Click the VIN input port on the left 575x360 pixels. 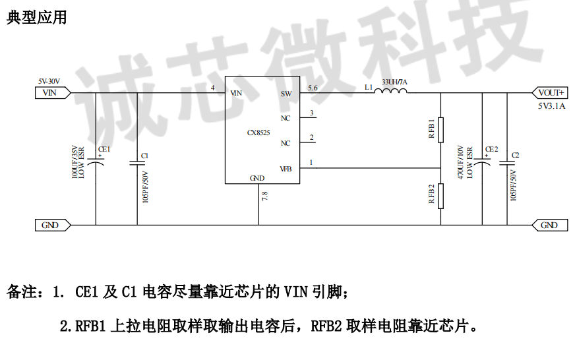coord(53,93)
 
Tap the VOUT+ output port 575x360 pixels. coord(550,93)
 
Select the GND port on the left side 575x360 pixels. coord(53,225)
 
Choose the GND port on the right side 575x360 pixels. coord(550,225)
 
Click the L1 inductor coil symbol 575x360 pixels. coord(390,90)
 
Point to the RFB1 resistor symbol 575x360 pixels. coord(440,130)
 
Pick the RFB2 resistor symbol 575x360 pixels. coord(440,196)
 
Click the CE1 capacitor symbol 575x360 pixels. coord(96,162)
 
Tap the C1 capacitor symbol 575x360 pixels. coord(137,163)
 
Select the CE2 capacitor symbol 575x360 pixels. coord(482,162)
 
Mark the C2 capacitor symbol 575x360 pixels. coord(507,163)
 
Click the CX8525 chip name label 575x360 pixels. coord(258,133)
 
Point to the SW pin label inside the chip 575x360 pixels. coord(286,94)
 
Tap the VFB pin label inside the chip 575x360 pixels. coord(286,169)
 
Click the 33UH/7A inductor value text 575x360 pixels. coord(394,82)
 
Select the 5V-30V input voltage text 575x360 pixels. coord(49,81)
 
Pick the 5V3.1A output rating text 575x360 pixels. coord(552,106)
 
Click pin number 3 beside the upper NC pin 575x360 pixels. coord(312,113)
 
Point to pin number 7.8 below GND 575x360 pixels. coord(265,196)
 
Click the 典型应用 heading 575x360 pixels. coord(37,17)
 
